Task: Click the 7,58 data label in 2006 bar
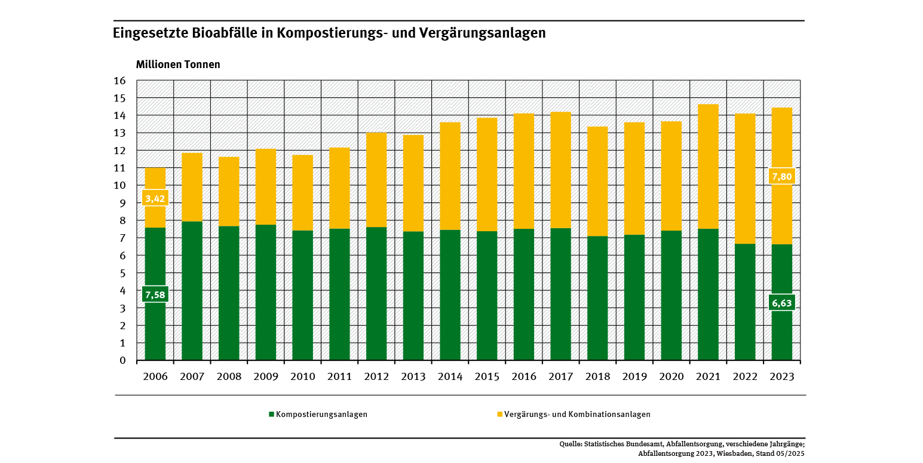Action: [155, 295]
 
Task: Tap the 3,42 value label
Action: [155, 198]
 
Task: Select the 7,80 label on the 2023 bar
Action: [782, 176]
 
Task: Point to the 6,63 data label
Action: [782, 302]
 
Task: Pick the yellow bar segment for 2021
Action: [708, 167]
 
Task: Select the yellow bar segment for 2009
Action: [266, 186]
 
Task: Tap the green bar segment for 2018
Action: [597, 298]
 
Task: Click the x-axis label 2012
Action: [376, 377]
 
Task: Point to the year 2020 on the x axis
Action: [671, 377]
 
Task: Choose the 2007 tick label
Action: [192, 377]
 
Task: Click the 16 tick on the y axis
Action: [119, 81]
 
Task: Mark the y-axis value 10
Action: [119, 185]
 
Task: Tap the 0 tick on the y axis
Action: [122, 360]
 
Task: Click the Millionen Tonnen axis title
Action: [178, 65]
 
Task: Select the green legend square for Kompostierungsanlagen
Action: [271, 414]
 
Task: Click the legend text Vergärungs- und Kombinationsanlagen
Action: [577, 414]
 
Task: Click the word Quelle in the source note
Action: [570, 444]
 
